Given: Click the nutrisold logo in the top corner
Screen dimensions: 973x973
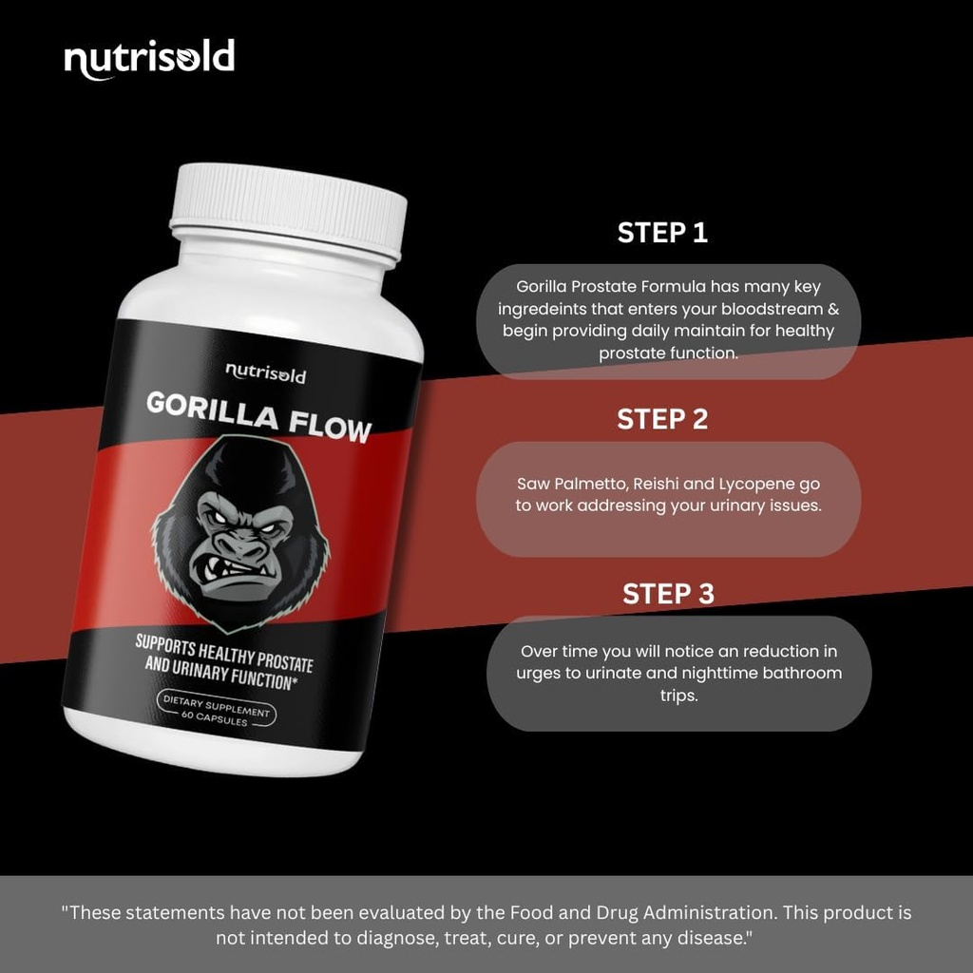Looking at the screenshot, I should [x=149, y=59].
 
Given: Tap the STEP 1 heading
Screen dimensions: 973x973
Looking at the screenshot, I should [x=662, y=233].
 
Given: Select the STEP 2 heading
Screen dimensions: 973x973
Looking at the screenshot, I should [x=662, y=419].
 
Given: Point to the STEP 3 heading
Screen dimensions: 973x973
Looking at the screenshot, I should [x=668, y=594].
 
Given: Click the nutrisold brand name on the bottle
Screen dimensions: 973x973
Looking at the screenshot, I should [x=265, y=373].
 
